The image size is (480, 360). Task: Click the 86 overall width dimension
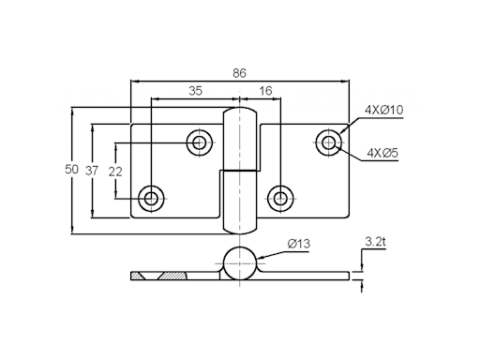239,73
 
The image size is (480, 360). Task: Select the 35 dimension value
196,91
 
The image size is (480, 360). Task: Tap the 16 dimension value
265,91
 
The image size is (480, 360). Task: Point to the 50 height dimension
71,170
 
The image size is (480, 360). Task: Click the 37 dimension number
92,171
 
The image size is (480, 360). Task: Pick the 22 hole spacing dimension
115,172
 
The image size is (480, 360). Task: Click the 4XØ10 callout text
384,110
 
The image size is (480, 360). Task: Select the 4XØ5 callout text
382,153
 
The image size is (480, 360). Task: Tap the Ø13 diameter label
299,244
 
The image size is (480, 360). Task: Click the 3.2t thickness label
375,242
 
